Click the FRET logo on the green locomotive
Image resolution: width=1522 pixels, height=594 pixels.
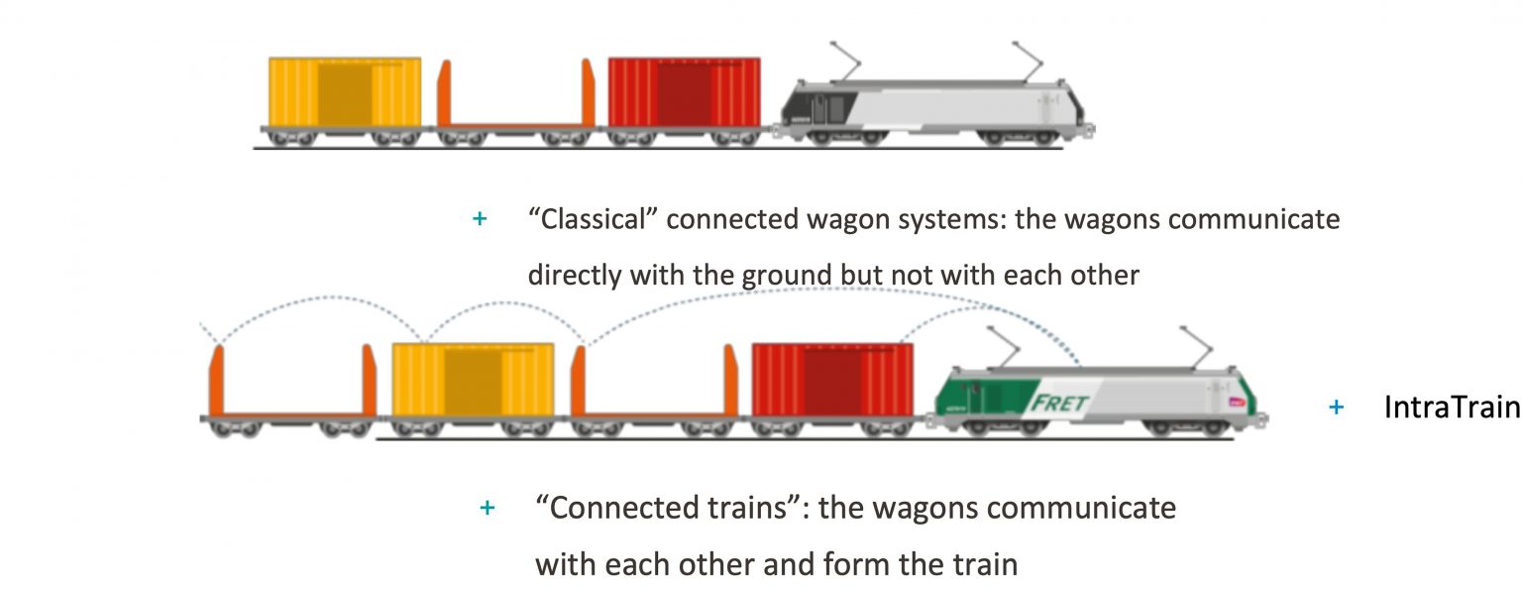tap(1059, 404)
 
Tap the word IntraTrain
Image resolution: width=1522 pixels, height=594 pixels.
tap(1451, 407)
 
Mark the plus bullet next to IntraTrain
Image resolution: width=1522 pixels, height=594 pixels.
tap(1336, 407)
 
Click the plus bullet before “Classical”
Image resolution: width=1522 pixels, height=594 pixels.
tap(480, 219)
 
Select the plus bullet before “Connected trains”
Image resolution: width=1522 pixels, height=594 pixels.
tap(487, 508)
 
